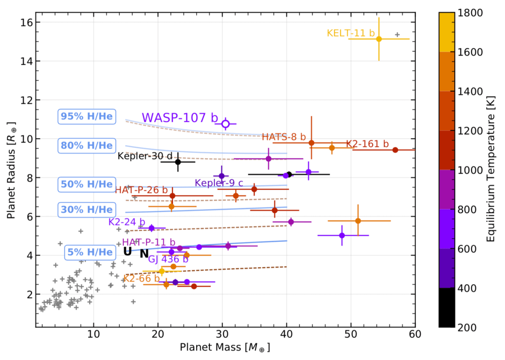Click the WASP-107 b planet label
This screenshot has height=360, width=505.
(x=180, y=118)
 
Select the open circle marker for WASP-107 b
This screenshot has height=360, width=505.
(x=225, y=124)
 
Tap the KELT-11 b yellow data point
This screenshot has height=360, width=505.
(x=379, y=39)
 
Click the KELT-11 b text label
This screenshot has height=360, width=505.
(x=351, y=33)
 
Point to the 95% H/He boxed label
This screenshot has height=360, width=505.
(x=86, y=116)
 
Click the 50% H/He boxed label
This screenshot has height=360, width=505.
(x=86, y=184)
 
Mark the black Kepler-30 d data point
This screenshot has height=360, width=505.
(x=178, y=162)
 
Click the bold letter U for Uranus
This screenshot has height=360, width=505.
(x=127, y=252)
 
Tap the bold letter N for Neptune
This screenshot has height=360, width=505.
(x=144, y=254)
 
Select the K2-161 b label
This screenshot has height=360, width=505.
(x=367, y=144)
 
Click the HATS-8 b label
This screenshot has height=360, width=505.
(x=284, y=137)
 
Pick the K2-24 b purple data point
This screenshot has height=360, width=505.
(x=151, y=228)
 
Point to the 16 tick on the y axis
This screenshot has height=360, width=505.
(x=26, y=22)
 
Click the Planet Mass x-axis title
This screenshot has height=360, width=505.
(x=225, y=348)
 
